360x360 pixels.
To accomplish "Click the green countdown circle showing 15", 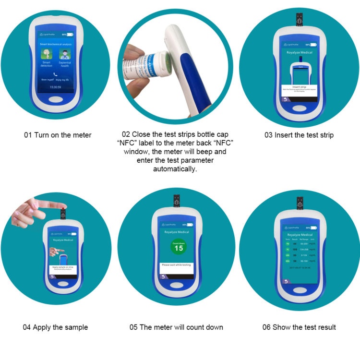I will pos(179,247).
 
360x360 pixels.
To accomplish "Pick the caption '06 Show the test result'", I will pos(299,327).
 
